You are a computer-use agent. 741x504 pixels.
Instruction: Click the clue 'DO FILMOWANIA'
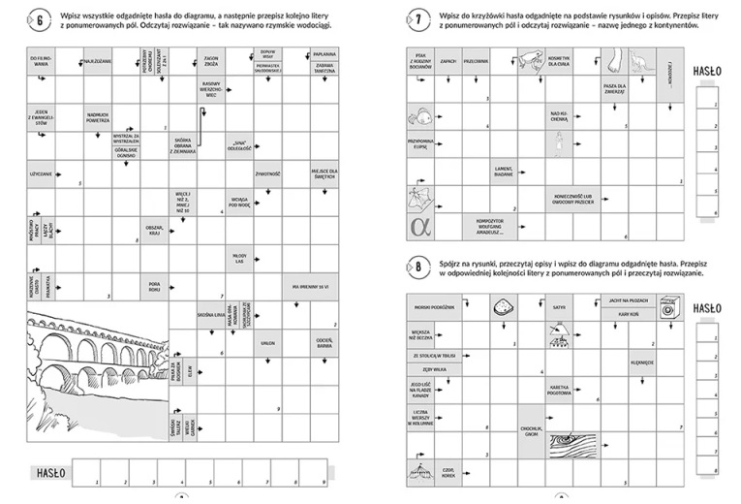[x=40, y=61]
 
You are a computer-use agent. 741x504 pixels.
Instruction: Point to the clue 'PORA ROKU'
[x=154, y=286]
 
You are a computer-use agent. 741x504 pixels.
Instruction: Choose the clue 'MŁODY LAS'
[x=241, y=258]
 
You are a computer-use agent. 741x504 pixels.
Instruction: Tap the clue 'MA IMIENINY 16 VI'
[x=309, y=287]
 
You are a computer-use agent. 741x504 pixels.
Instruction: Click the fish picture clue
[x=419, y=115]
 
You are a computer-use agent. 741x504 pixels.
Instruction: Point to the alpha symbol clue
[x=419, y=226]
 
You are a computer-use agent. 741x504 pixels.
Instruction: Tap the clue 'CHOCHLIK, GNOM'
[x=530, y=445]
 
